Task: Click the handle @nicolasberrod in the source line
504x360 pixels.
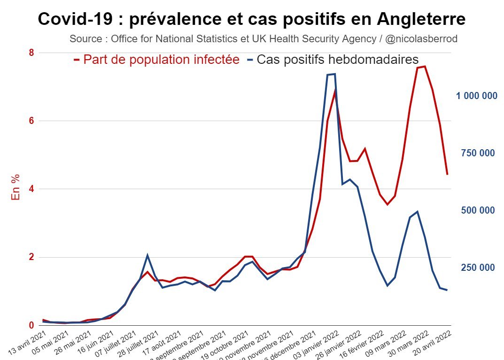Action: coord(421,39)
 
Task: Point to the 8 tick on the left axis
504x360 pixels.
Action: coord(31,53)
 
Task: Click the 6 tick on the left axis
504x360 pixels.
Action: coord(31,121)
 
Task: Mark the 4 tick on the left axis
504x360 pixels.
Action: coord(31,189)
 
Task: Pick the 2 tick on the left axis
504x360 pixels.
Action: coord(31,257)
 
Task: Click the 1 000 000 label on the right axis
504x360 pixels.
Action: coord(476,96)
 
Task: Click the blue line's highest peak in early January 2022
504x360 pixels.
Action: coord(334,74)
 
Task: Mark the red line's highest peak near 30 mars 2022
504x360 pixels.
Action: coord(424,67)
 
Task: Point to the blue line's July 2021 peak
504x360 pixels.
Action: coord(147,255)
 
